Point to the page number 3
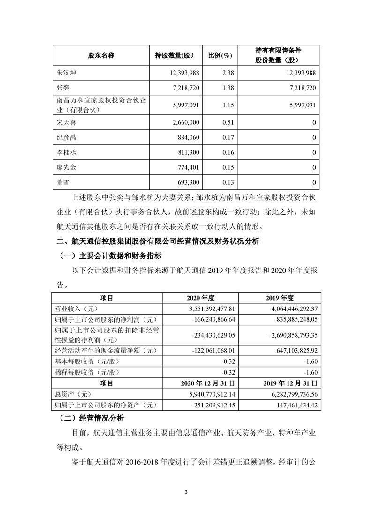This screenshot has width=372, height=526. coord(186,492)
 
